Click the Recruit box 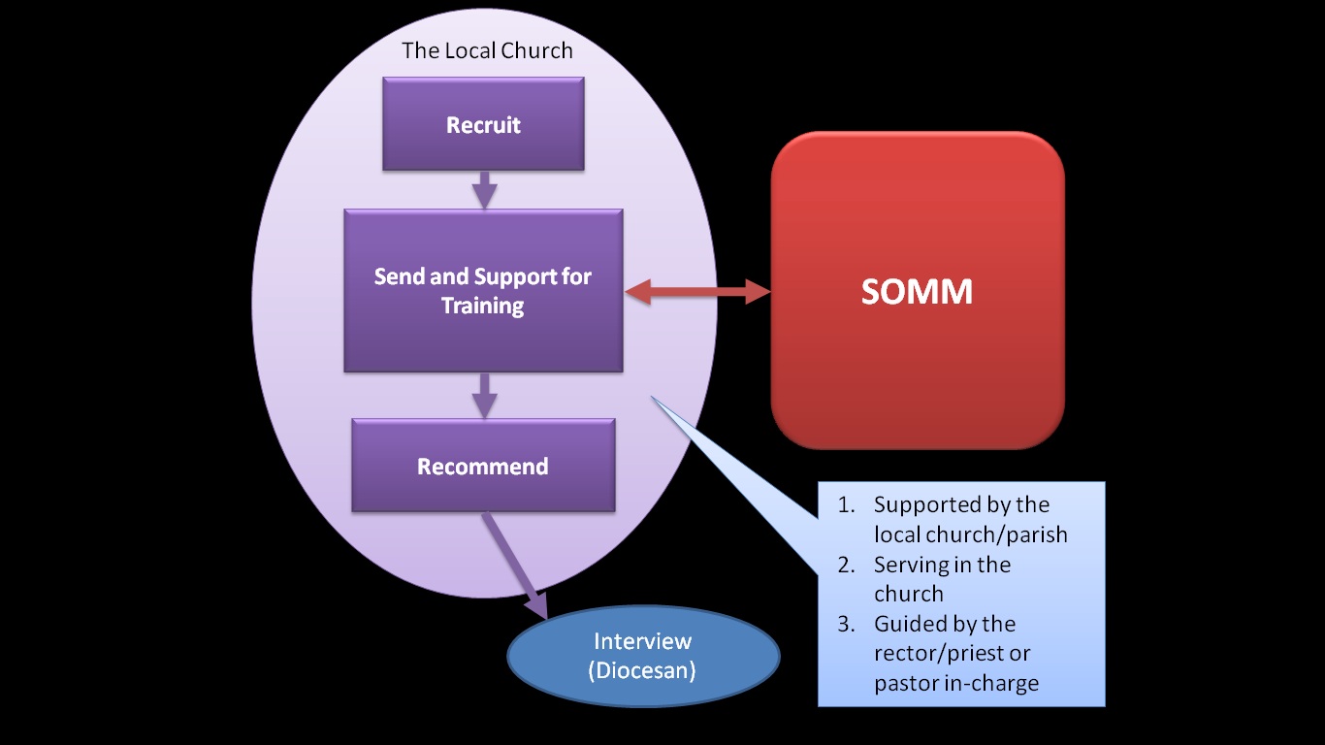point(483,125)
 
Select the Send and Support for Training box point(483,291)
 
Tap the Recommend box point(483,467)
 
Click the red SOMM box point(918,291)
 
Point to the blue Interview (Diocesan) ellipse point(643,656)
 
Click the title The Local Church point(487,50)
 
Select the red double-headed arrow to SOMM point(696,290)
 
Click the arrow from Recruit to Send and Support point(483,190)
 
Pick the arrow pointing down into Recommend point(483,395)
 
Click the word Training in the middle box point(483,307)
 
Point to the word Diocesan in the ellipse point(642,670)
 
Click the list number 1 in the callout point(846,505)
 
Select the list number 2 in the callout point(846,565)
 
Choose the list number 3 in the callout point(846,624)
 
